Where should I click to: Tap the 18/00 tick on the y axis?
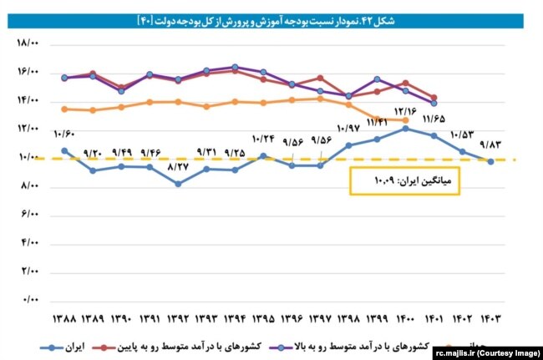(28, 43)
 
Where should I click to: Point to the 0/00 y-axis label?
(30, 298)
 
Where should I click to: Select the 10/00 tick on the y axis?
(28, 157)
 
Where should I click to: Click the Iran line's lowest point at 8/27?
(178, 184)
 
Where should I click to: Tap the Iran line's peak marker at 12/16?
(405, 129)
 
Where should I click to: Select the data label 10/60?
(63, 134)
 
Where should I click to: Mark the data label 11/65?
(434, 119)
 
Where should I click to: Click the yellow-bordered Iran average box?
(404, 179)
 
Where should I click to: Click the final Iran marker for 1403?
(490, 161)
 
